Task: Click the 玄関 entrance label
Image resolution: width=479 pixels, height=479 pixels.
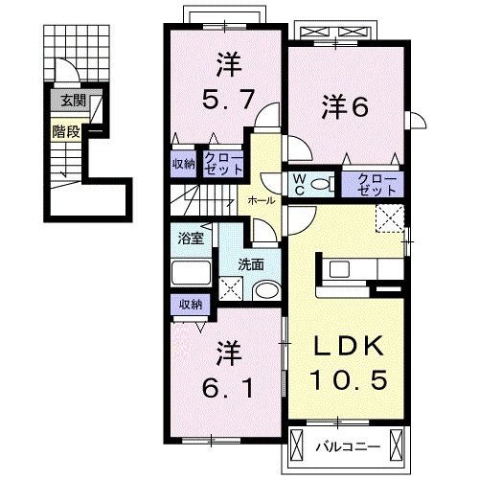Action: tap(74, 102)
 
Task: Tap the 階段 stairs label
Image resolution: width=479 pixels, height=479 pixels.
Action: tap(66, 131)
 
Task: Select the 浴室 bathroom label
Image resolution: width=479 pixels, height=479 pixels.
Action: tap(191, 239)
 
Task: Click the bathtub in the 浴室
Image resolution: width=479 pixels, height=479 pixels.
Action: tap(192, 272)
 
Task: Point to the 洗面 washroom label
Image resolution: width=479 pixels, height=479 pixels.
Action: tap(251, 264)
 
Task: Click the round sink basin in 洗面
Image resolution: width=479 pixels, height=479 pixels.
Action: tap(265, 291)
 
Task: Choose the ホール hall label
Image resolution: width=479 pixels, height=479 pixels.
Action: tap(262, 200)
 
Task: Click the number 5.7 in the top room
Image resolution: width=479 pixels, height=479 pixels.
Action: tap(228, 99)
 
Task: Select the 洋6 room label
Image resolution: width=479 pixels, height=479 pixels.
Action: tap(345, 106)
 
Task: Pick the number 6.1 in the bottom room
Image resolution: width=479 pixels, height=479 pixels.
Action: tap(228, 387)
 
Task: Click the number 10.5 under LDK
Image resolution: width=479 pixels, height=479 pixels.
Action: tap(349, 379)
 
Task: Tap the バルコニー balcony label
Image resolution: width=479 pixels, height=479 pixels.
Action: tap(348, 446)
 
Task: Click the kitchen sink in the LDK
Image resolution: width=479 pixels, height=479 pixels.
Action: tap(339, 269)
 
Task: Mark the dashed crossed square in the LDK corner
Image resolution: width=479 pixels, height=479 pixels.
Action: tap(390, 218)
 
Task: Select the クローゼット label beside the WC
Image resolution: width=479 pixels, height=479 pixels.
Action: tap(376, 185)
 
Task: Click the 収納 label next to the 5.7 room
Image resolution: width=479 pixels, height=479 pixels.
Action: tap(184, 164)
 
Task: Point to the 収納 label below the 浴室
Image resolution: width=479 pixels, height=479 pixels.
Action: tap(191, 305)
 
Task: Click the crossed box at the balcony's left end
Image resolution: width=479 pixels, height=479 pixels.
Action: tap(296, 445)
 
